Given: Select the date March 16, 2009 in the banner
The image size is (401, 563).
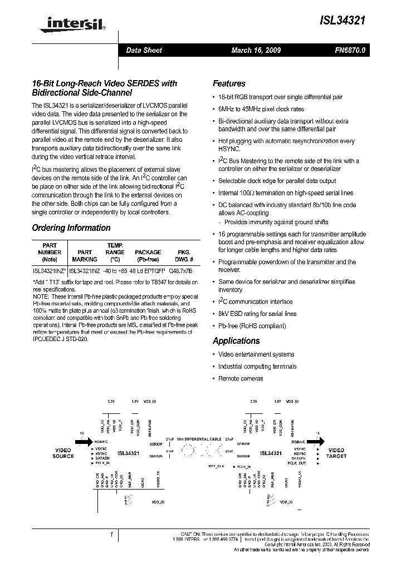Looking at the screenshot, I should coord(256,51).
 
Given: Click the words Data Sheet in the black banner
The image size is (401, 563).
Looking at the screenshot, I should coord(144,51).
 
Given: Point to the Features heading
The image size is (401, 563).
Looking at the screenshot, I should coord(229,83).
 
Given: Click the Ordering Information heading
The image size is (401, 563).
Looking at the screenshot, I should coord(71,228).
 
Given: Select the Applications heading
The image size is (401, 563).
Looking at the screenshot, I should coord(236,340).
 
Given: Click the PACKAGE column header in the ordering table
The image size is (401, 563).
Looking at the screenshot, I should coord(148,252).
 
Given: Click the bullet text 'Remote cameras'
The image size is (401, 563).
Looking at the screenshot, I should coord(241,378).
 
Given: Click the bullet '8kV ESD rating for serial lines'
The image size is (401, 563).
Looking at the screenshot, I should coord(257,314).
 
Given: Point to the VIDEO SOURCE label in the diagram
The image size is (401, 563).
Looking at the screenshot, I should coord(63,453).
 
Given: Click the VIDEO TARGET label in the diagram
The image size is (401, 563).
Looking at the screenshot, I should coord(336,453).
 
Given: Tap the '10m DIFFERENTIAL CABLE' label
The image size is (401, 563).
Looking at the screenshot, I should coord(198,439).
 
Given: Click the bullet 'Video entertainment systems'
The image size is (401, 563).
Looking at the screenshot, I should coord(257,354).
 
